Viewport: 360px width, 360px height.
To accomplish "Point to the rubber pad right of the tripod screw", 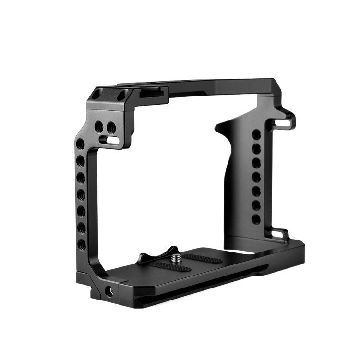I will click(x=202, y=258).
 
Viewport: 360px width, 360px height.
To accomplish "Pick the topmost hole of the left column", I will click(x=81, y=144).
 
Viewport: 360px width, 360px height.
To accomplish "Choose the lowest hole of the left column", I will click(x=82, y=244).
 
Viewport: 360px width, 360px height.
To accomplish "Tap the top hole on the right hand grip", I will click(x=257, y=135).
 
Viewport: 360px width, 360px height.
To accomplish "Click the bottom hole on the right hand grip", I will click(x=256, y=219).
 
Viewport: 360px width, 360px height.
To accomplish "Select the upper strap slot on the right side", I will click(x=283, y=123).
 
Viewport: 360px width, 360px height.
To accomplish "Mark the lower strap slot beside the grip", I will click(x=278, y=234).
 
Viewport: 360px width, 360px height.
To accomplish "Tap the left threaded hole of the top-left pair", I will click(x=99, y=127).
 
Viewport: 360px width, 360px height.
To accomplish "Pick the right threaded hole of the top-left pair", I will click(x=110, y=128).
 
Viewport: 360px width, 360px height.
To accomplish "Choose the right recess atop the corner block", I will click(x=124, y=95).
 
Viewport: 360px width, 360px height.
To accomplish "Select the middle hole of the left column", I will click(x=82, y=194).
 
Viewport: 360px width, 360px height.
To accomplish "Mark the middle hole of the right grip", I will click(x=257, y=177).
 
